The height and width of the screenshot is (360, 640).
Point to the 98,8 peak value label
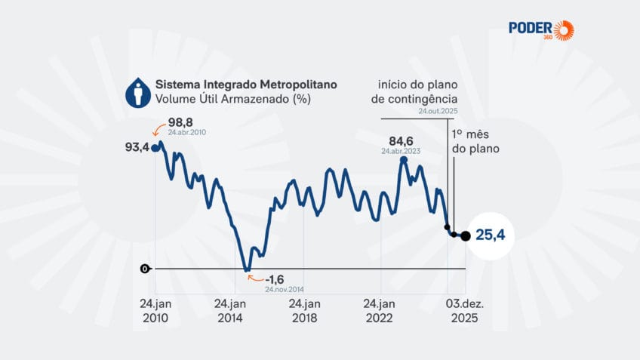point(181,122)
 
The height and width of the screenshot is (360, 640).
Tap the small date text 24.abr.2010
point(187,132)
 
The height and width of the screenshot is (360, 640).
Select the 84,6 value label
point(402,140)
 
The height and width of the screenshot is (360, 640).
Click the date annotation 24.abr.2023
point(401,151)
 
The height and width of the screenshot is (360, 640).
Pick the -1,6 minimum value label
point(274,278)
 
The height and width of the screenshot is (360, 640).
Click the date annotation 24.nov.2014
point(284,289)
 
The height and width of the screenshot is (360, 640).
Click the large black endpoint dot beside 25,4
point(465,236)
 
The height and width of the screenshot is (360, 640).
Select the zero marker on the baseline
point(144,269)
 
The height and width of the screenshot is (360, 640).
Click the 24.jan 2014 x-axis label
point(230,309)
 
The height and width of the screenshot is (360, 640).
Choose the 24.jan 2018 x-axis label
point(304,309)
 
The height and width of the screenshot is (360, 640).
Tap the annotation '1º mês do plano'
point(475,140)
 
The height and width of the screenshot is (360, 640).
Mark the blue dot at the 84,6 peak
point(404,159)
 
